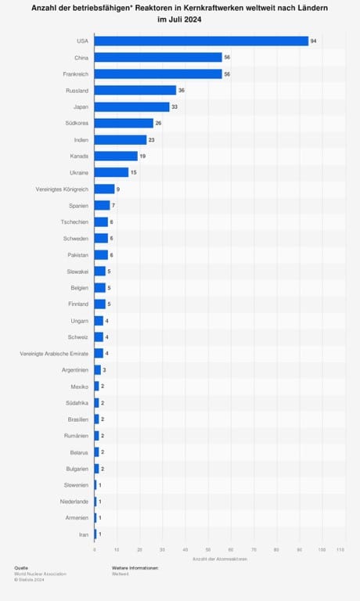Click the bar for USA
201,41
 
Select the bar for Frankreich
158,74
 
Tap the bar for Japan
131,106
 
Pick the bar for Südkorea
124,123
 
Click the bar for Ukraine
111,172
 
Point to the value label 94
313,41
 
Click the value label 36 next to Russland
182,90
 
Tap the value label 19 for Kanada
142,156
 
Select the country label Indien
80,139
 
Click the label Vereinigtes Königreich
63,189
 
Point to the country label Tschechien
74,221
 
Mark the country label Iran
84,534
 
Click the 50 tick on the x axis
208,550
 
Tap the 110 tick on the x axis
340,550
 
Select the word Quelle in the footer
21,567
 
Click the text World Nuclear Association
40,574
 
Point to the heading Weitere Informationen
135,567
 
